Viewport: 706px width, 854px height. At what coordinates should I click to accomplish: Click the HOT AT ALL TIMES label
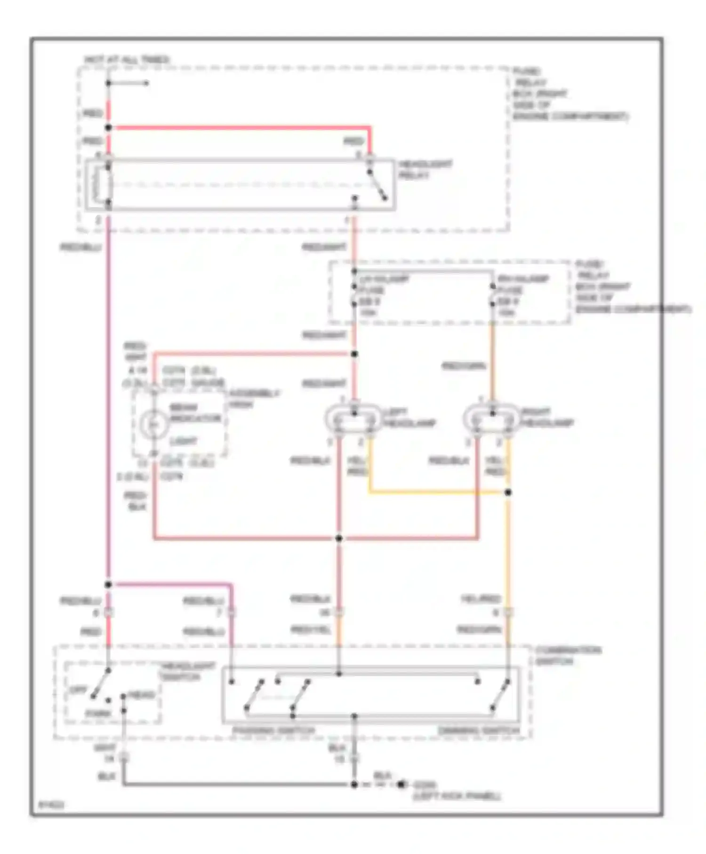coord(127,60)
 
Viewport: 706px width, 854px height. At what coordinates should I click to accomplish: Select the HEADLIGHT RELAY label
coord(425,169)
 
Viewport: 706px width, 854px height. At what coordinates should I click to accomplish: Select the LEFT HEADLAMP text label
coord(409,418)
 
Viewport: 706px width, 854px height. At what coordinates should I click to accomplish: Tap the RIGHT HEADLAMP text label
coord(547,418)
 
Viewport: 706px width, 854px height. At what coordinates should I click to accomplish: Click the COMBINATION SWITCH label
coord(568,655)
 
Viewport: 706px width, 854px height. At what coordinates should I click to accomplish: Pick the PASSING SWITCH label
coord(273,731)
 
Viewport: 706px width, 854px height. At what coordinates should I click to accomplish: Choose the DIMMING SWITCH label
coord(479,731)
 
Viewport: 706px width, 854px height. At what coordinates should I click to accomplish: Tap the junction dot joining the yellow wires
coord(508,492)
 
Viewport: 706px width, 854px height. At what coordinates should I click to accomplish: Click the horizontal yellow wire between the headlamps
coord(438,493)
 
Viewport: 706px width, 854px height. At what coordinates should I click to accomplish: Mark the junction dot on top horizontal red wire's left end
coord(108,128)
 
